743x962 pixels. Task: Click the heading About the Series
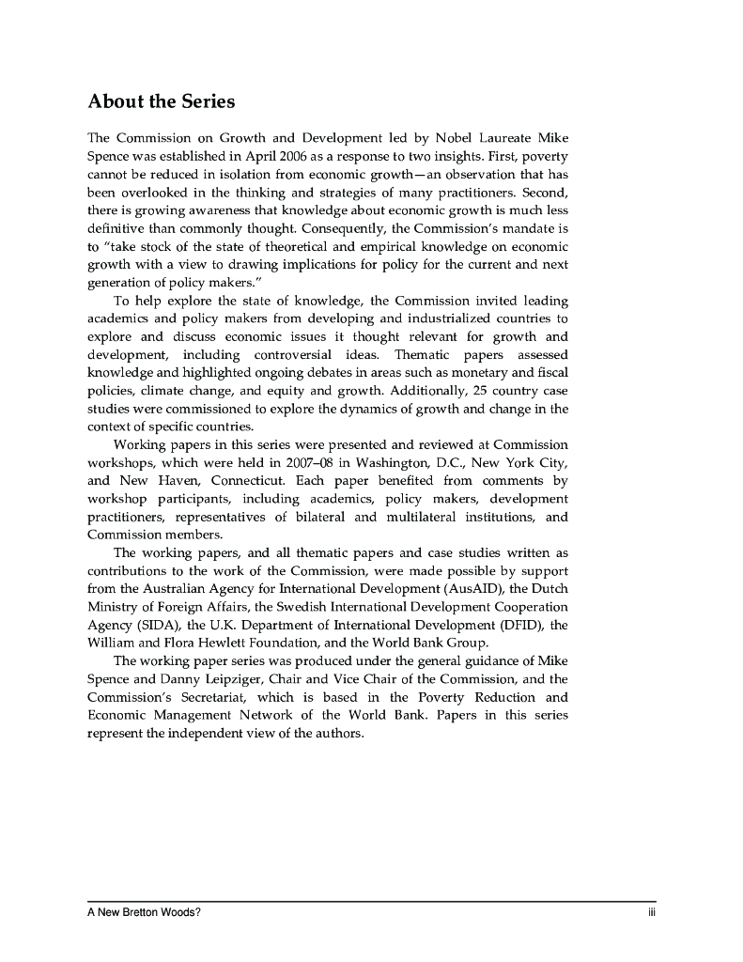pyautogui.click(x=161, y=101)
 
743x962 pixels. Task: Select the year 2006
pyautogui.click(x=283, y=156)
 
